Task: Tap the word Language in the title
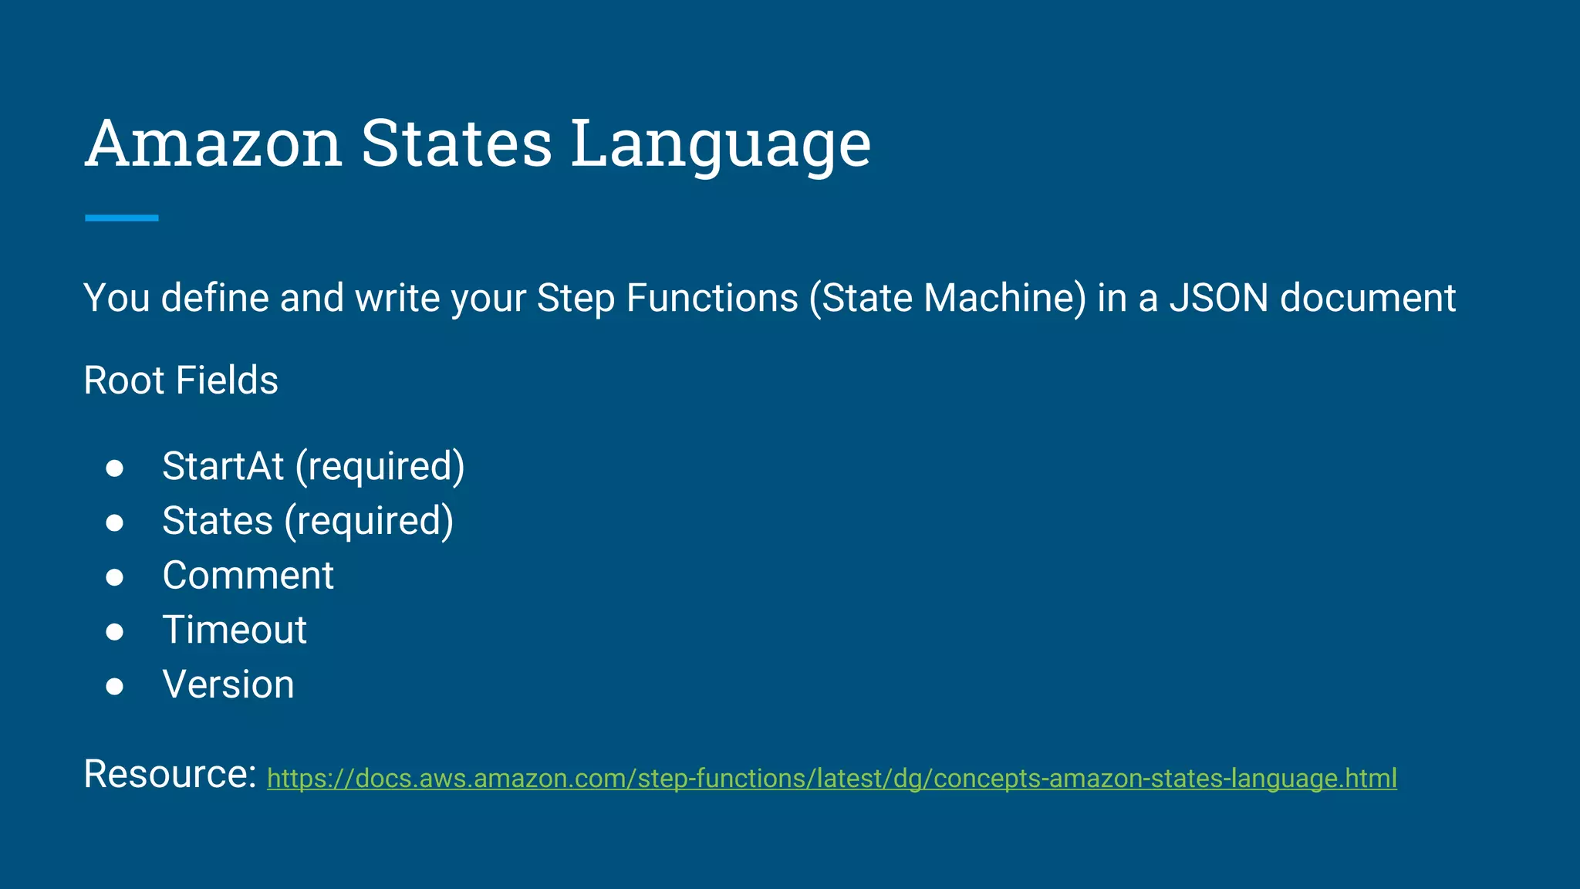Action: point(721,144)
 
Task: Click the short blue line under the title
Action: point(122,218)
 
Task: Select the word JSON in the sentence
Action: point(1218,298)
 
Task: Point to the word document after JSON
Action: point(1367,298)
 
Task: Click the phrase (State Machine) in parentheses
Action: point(947,298)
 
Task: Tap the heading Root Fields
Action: point(181,380)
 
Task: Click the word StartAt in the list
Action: point(223,466)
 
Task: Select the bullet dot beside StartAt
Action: point(115,468)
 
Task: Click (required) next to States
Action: point(369,521)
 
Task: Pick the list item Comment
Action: point(248,576)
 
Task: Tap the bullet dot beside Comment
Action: point(115,577)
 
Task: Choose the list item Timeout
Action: point(235,630)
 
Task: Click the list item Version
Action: point(228,684)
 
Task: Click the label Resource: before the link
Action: point(170,773)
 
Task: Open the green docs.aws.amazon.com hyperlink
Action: point(832,778)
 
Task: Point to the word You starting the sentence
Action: point(116,298)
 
